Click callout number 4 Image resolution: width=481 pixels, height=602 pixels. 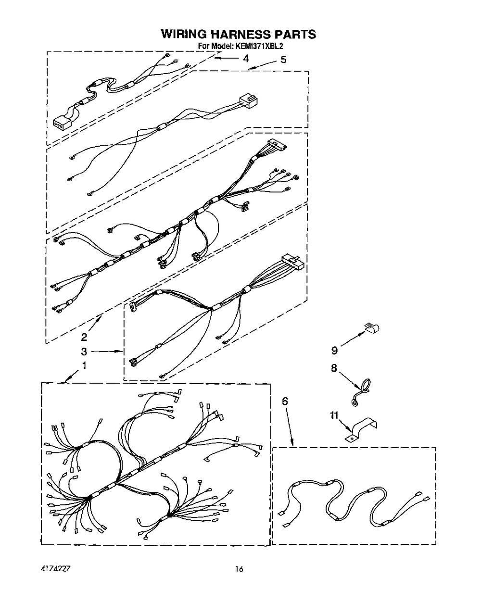(245, 59)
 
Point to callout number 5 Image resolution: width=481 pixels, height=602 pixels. (283, 60)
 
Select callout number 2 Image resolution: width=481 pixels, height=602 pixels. (84, 337)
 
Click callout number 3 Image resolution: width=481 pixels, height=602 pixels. (84, 351)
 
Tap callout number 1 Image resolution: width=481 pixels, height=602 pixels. (84, 365)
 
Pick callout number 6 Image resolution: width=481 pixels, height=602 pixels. (285, 401)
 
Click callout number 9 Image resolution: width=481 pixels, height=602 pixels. (334, 350)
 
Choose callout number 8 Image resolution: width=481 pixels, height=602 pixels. (334, 368)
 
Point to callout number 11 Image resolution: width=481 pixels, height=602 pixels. (334, 415)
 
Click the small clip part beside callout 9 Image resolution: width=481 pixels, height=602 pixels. (372, 327)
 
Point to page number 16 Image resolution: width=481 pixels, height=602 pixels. (239, 569)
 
